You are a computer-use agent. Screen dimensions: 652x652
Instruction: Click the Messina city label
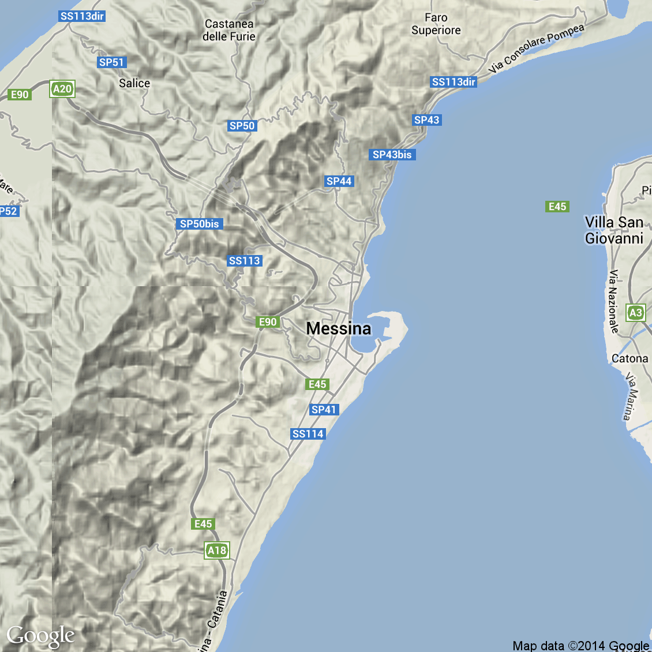pos(339,328)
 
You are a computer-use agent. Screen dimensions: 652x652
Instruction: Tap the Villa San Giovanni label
pos(614,230)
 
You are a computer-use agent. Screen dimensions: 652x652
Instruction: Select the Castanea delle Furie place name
pos(229,30)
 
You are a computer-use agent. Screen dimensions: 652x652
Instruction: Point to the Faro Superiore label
pos(436,24)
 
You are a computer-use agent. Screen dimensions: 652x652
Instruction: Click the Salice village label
pos(134,83)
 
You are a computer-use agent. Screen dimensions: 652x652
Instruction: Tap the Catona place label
pos(629,358)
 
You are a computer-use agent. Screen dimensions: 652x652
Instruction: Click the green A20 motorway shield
pos(62,89)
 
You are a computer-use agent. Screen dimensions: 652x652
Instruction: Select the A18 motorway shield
pos(217,550)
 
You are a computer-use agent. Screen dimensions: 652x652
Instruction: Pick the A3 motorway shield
pos(635,313)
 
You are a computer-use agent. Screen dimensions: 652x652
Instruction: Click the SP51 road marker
pos(111,62)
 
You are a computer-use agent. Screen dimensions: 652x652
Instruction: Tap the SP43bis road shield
pos(392,155)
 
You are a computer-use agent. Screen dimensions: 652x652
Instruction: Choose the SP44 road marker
pos(339,181)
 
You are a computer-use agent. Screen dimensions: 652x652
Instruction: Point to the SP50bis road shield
pos(200,224)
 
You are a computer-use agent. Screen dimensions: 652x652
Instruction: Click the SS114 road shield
pos(308,434)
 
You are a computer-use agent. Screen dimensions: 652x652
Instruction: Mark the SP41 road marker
pos(324,410)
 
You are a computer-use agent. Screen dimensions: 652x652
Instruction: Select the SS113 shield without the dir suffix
pos(245,261)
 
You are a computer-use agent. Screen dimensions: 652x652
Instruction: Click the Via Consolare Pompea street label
pos(536,48)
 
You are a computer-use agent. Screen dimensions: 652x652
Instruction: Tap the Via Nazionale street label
pos(613,301)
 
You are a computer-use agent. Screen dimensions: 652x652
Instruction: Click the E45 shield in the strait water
pos(557,207)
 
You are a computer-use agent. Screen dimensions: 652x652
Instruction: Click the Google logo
pos(40,636)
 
